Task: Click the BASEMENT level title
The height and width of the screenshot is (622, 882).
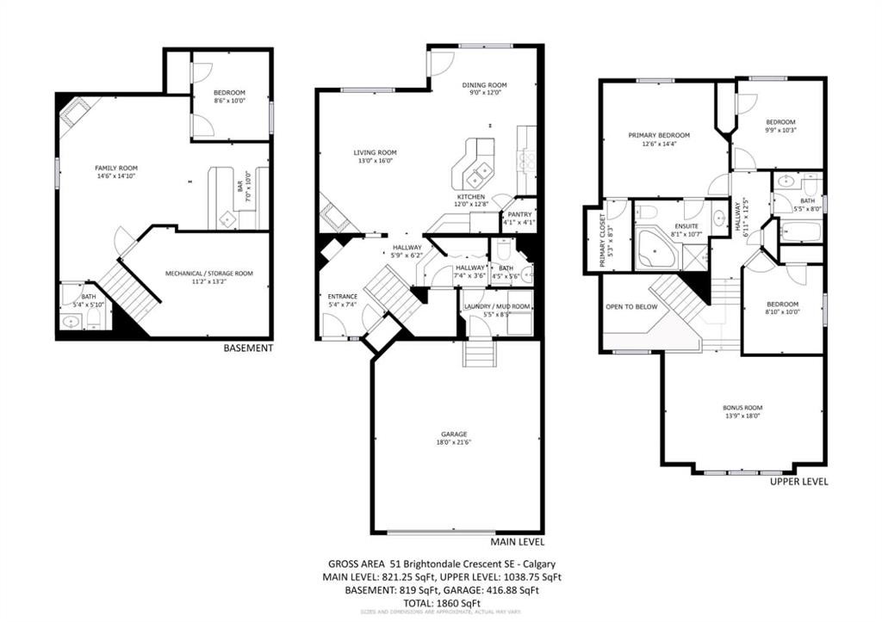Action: pyautogui.click(x=248, y=348)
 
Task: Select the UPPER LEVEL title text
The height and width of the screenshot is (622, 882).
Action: pyautogui.click(x=798, y=482)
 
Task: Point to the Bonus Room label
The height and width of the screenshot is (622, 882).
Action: pyautogui.click(x=742, y=408)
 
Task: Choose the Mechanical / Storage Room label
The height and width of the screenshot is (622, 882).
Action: pyautogui.click(x=209, y=274)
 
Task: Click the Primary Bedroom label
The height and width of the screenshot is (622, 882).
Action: pyautogui.click(x=659, y=135)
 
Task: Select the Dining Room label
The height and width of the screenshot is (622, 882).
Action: pyautogui.click(x=484, y=85)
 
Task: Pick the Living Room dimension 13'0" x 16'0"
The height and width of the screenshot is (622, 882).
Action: pyautogui.click(x=375, y=161)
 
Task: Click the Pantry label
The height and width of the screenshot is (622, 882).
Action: pyautogui.click(x=519, y=214)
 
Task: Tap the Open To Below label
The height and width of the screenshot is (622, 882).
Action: pyautogui.click(x=631, y=306)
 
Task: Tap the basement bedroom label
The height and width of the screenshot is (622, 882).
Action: pyautogui.click(x=229, y=93)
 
